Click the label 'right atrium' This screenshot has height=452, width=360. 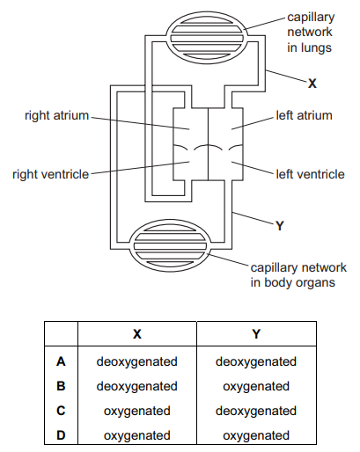click(56, 115)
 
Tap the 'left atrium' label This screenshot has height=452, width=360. click(304, 115)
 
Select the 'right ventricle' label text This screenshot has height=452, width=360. click(50, 174)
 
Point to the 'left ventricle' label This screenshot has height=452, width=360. click(310, 174)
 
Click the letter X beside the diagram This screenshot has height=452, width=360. click(312, 84)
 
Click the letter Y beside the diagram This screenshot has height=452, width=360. click(280, 226)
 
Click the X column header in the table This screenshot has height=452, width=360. click(137, 334)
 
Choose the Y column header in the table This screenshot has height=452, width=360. click(256, 334)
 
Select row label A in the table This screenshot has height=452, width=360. click(61, 361)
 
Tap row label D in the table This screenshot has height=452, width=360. click(61, 435)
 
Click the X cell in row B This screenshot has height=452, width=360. click(136, 387)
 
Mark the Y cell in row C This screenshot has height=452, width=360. click(256, 412)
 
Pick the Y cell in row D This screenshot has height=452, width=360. click(256, 436)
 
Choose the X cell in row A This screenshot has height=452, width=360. click(136, 362)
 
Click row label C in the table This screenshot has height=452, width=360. click(61, 411)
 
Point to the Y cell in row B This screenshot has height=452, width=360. click(256, 387)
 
